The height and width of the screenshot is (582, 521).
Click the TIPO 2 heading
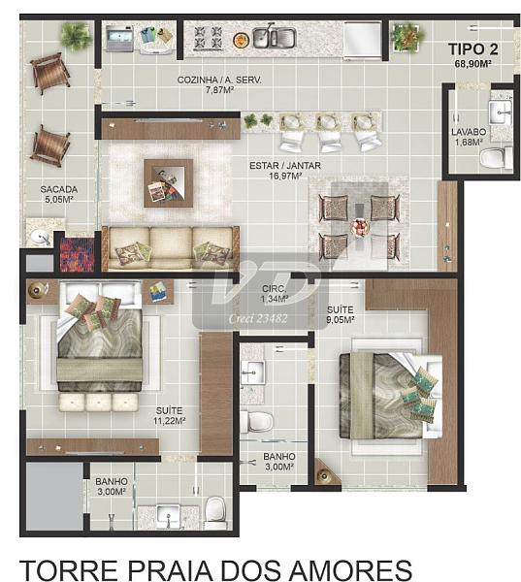(473, 49)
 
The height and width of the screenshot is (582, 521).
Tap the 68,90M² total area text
(473, 64)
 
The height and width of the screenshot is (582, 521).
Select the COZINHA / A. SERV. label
(219, 80)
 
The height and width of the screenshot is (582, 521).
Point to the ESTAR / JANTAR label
(285, 166)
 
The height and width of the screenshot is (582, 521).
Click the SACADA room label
(59, 190)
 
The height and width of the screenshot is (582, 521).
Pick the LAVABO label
(469, 132)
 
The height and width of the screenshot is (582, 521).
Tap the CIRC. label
(275, 289)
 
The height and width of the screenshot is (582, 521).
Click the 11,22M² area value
(170, 421)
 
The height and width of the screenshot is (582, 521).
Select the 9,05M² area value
(340, 319)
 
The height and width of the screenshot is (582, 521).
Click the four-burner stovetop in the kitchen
(208, 38)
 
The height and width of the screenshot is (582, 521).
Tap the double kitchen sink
(274, 37)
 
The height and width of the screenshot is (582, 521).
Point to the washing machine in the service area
(119, 38)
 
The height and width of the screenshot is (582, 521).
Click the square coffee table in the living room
(169, 183)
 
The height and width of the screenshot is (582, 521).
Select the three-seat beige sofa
(171, 247)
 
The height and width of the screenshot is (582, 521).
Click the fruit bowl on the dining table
(360, 227)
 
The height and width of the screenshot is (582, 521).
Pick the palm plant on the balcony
(76, 36)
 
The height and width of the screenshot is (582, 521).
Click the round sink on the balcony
(40, 237)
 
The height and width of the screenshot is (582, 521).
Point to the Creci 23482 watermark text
(258, 319)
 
